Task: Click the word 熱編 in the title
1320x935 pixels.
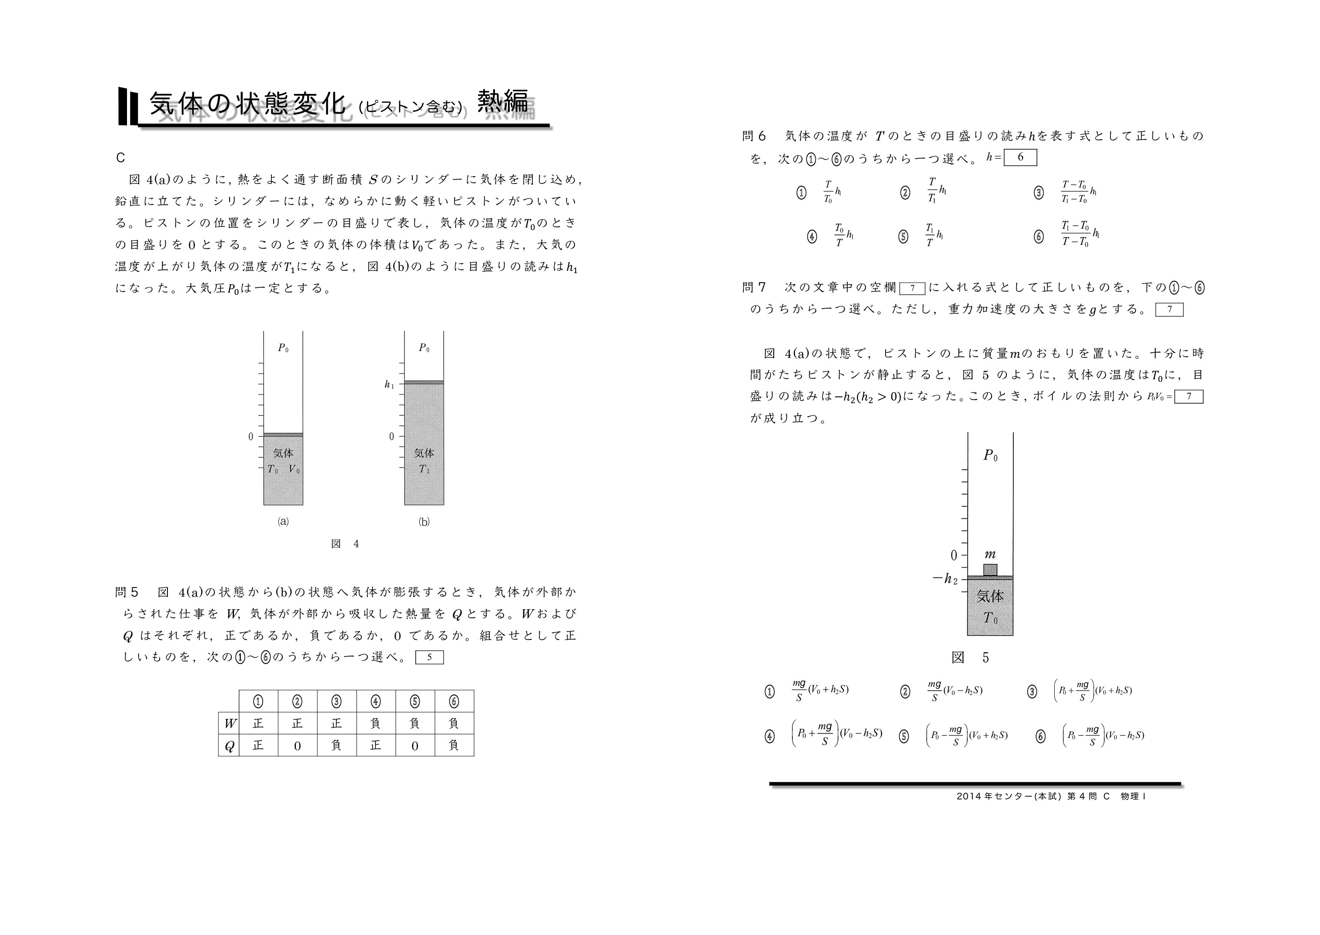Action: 502,101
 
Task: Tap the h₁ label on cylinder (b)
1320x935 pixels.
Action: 390,384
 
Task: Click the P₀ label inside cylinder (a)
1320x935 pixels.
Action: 283,348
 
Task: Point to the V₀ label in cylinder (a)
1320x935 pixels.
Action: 294,469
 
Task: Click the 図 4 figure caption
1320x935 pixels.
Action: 345,544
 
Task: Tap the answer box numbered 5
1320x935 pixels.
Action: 429,657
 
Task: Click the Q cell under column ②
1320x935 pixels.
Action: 297,745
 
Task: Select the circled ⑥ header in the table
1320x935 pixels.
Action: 454,701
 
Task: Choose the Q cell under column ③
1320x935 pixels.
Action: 336,745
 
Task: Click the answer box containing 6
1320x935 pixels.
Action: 1020,157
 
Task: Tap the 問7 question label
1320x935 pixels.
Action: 755,287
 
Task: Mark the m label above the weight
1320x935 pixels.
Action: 990,554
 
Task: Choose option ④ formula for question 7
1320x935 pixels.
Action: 837,734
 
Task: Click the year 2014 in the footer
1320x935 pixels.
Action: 969,797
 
